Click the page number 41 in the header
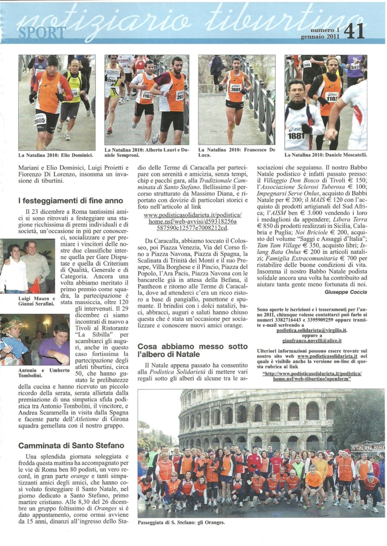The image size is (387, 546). [x=354, y=32]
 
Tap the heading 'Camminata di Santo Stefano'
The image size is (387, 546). [x=69, y=445]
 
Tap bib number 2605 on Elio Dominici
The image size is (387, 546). [x=40, y=120]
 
